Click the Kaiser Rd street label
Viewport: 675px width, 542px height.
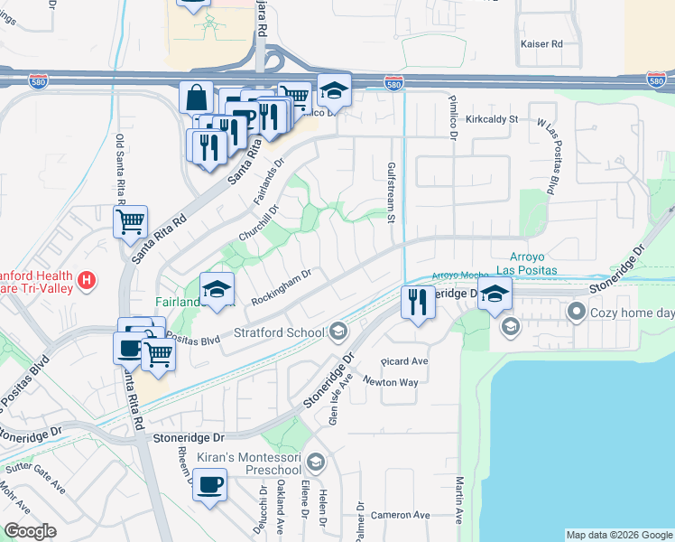[544, 43]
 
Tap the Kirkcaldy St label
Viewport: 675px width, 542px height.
[492, 118]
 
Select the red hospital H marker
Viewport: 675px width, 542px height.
[87, 280]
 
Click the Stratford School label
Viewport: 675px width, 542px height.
[280, 332]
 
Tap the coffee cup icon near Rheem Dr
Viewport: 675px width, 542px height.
[211, 485]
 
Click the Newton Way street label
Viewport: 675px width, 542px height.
[390, 382]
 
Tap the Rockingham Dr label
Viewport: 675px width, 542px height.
[282, 281]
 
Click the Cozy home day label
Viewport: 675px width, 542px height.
[633, 313]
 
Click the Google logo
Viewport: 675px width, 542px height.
[30, 531]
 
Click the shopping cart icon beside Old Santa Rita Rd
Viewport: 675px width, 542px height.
[130, 220]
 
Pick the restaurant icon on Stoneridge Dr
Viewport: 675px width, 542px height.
[418, 301]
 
